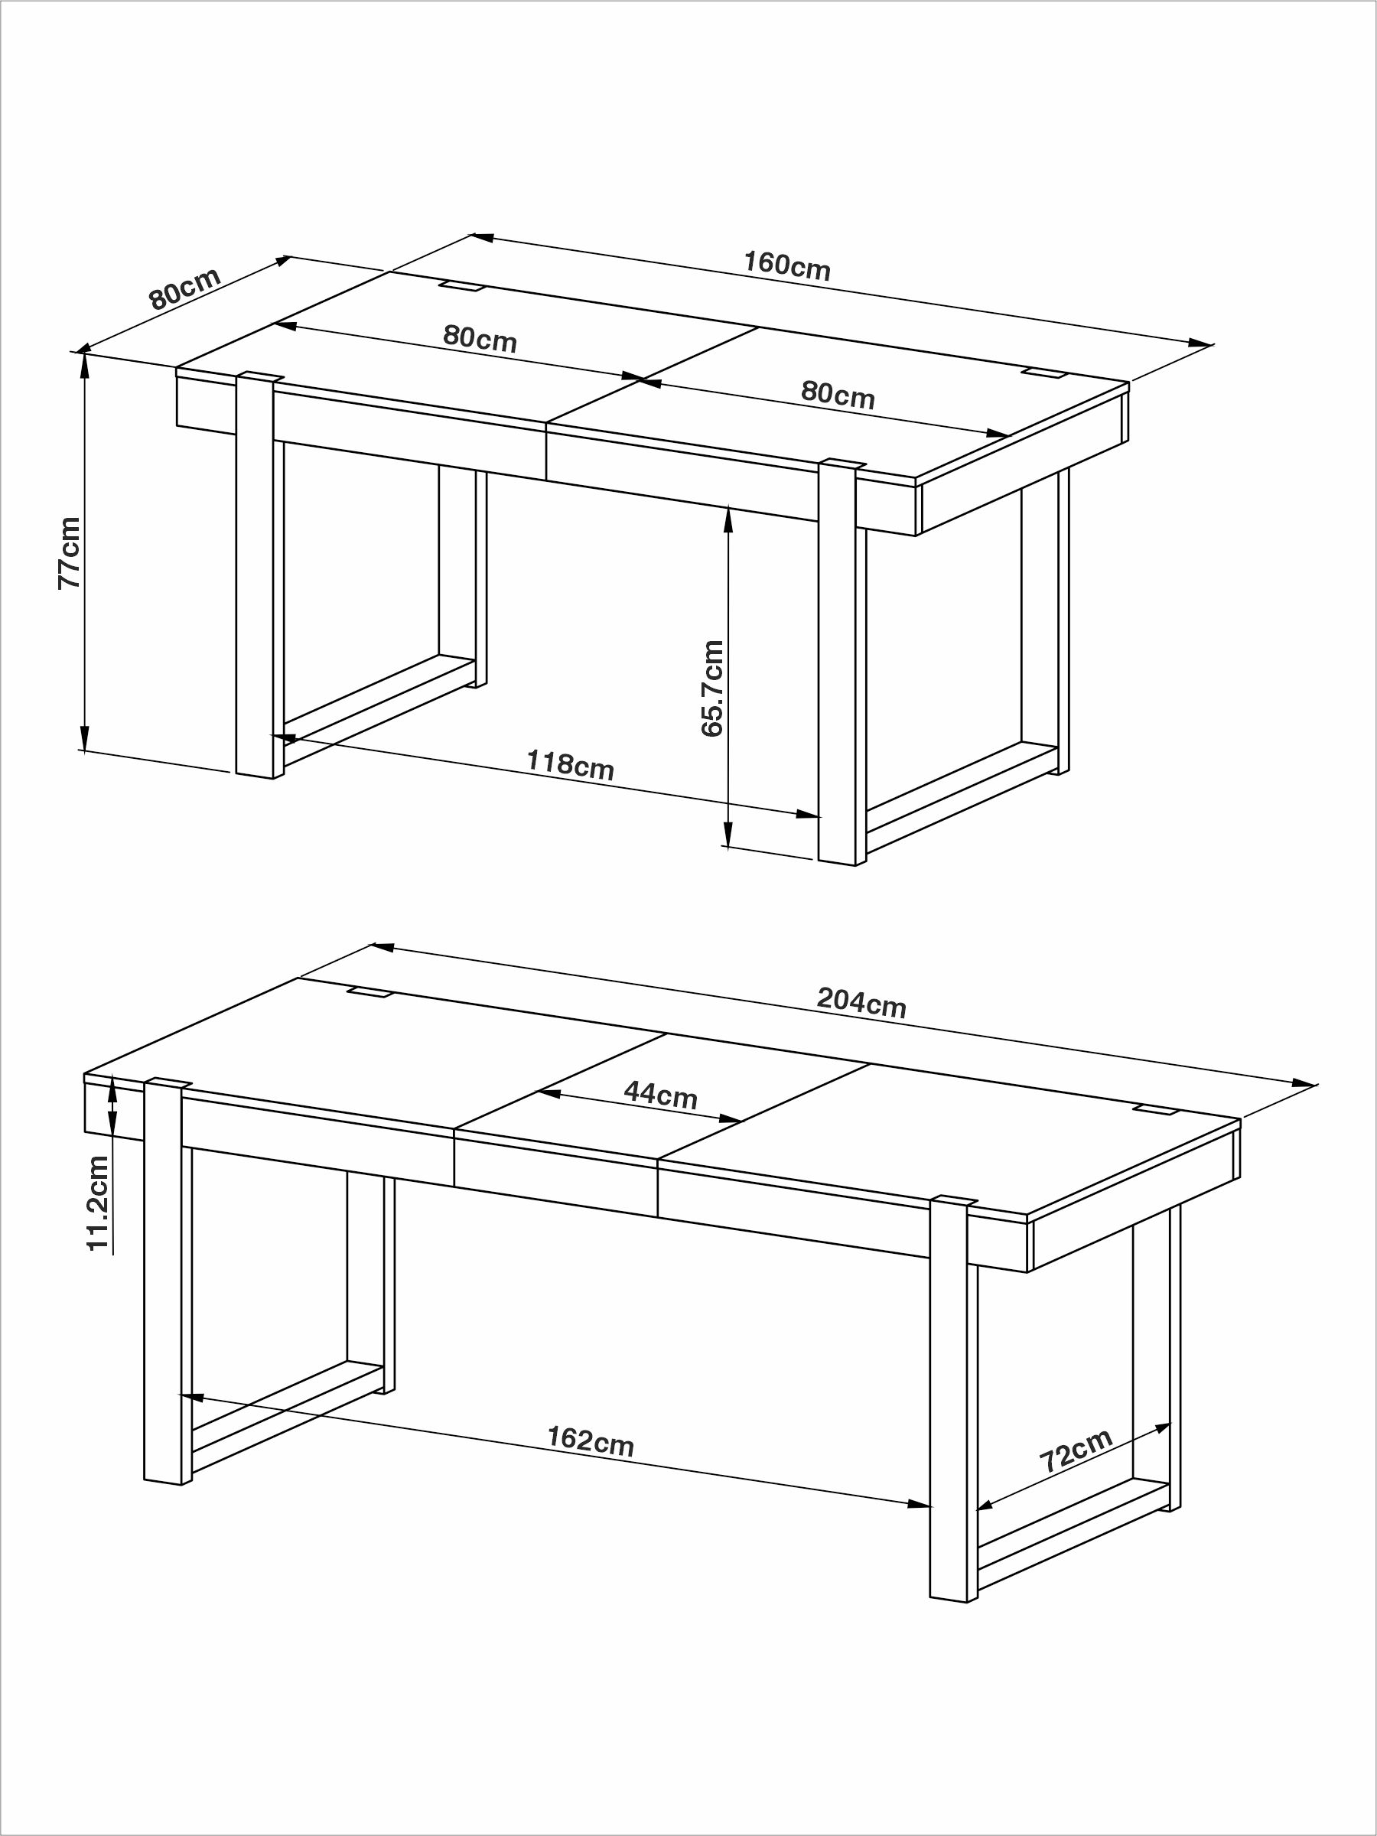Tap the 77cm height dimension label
(x=69, y=553)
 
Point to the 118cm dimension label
(x=570, y=764)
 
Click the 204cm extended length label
(x=861, y=1003)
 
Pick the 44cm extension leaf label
(x=660, y=1095)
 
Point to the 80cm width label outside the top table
(x=185, y=288)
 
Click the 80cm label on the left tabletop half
(x=479, y=338)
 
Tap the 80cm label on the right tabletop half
(x=838, y=394)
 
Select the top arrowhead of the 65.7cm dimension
(x=728, y=519)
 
